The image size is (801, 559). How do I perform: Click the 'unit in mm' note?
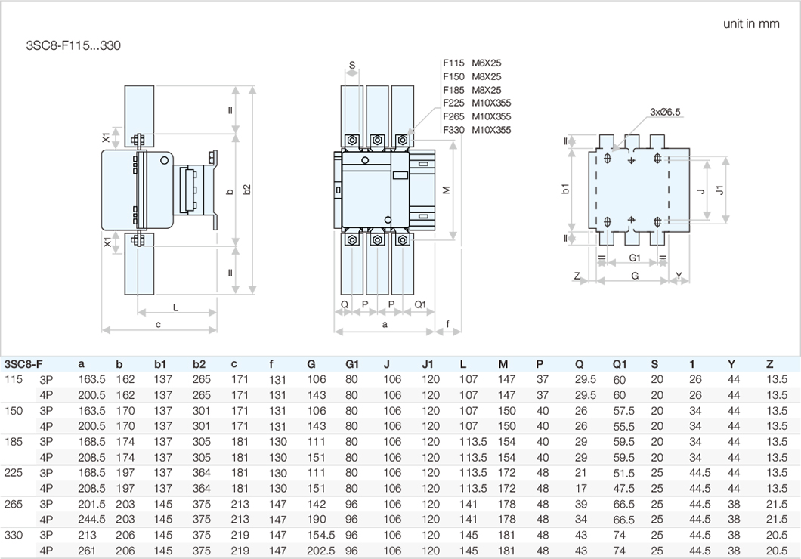pyautogui.click(x=750, y=23)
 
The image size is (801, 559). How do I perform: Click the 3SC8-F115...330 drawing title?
pyautogui.click(x=73, y=45)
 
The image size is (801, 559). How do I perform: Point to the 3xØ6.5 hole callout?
pyautogui.click(x=665, y=112)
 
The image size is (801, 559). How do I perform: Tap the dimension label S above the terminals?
pyautogui.click(x=353, y=65)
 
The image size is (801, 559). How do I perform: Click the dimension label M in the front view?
pyautogui.click(x=447, y=190)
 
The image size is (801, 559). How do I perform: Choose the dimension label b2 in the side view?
pyautogui.click(x=247, y=191)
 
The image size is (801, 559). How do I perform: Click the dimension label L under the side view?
pyautogui.click(x=175, y=307)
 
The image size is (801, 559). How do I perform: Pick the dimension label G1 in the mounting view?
pyautogui.click(x=635, y=258)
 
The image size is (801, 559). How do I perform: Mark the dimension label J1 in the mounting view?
pyautogui.click(x=720, y=190)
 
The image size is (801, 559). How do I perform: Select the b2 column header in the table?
pyautogui.click(x=199, y=364)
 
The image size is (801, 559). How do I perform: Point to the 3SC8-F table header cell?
pyautogui.click(x=23, y=364)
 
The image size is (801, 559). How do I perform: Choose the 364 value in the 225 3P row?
pyautogui.click(x=202, y=473)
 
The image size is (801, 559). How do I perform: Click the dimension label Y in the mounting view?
pyautogui.click(x=679, y=276)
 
